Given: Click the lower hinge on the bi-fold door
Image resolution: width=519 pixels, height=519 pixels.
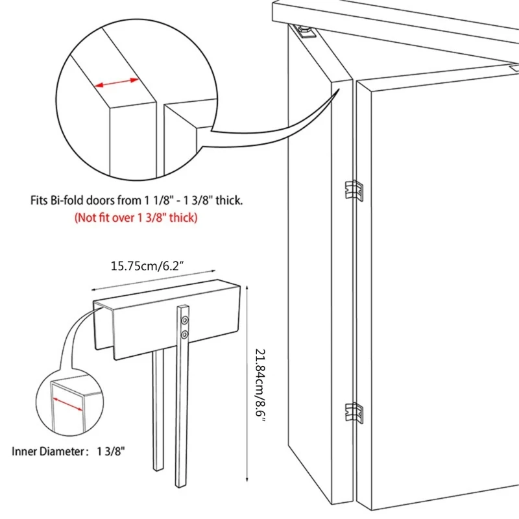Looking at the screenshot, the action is tap(354, 412).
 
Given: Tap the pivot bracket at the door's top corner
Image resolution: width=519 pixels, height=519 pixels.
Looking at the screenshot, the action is tap(303, 30).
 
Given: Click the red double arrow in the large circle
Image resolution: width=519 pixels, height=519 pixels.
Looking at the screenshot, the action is tap(117, 83).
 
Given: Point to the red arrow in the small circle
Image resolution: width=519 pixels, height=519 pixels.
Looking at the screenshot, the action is tap(67, 403).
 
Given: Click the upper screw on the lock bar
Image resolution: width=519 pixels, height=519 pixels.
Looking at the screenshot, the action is tap(186, 320).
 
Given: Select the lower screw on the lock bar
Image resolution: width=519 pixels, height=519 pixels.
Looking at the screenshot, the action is tap(186, 335).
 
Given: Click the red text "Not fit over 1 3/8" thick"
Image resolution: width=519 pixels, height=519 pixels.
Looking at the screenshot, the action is tap(136, 217).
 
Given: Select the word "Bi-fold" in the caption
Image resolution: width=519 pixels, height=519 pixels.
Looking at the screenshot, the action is tap(66, 201).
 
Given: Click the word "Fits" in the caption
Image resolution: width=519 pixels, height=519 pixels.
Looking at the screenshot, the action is tap(39, 201).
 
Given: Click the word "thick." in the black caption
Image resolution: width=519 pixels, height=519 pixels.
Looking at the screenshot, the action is tap(228, 201).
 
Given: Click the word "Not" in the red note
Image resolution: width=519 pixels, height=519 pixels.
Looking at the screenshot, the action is tap(86, 217).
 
